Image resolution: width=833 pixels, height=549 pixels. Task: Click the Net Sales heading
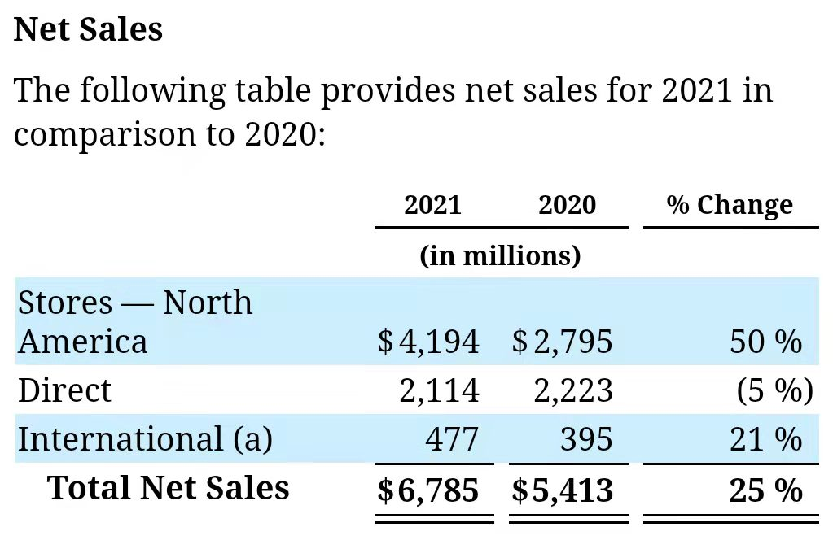click(x=89, y=29)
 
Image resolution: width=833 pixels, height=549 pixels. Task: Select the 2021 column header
click(x=432, y=205)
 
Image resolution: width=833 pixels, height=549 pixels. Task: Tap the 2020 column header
click(x=567, y=205)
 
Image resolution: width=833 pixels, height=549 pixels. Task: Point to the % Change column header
click(x=730, y=205)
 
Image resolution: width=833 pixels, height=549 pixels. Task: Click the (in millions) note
click(x=500, y=255)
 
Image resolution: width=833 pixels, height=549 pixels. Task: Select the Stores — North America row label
click(x=135, y=321)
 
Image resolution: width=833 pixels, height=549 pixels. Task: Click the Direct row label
click(x=64, y=390)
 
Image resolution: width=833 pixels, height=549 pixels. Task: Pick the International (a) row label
click(x=145, y=439)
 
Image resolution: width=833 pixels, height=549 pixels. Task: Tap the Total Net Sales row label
click(x=169, y=488)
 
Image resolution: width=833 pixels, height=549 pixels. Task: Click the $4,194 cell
click(x=428, y=342)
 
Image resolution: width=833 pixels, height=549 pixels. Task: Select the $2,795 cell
click(x=563, y=342)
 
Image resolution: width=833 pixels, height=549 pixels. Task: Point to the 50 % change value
click(x=765, y=342)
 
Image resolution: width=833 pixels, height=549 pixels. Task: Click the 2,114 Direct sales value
click(x=439, y=390)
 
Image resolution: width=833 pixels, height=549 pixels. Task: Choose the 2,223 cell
click(x=573, y=390)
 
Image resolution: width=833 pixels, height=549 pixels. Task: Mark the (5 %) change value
click(x=774, y=390)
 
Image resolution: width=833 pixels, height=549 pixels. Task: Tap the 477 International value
click(x=452, y=439)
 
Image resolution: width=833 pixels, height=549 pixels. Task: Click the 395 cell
click(x=586, y=439)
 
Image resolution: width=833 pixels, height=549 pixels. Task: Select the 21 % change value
click(x=765, y=439)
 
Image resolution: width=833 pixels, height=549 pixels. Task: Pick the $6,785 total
click(x=428, y=490)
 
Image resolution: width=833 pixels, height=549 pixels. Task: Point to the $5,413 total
click(x=563, y=490)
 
